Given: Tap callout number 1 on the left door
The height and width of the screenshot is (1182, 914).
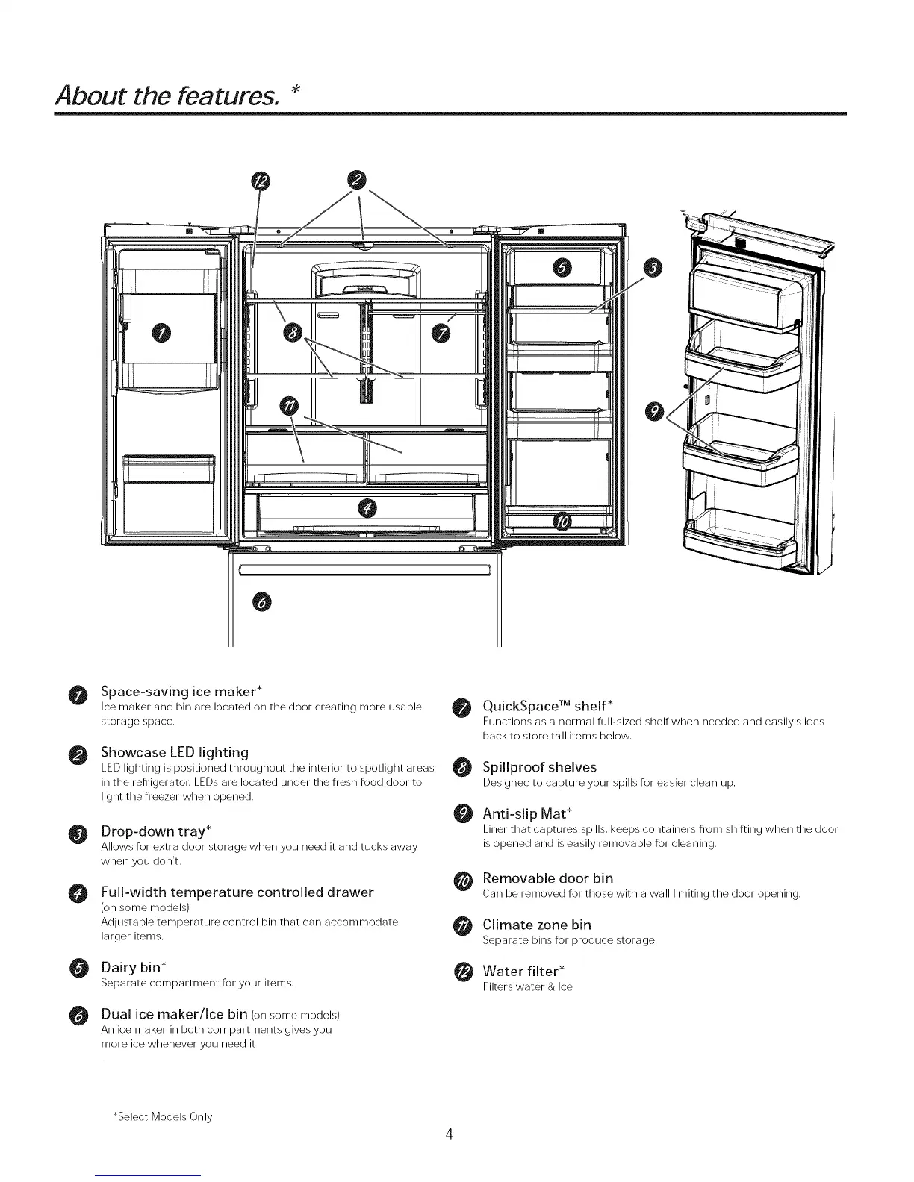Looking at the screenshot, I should [161, 332].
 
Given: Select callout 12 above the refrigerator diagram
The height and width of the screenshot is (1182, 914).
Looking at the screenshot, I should [261, 181].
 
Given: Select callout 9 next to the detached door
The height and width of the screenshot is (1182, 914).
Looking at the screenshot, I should [654, 411].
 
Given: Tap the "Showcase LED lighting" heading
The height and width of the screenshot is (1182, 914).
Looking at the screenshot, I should [175, 752].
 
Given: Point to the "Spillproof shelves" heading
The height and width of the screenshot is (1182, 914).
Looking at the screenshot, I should [539, 767].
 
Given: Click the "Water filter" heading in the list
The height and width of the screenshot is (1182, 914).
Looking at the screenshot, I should [523, 971].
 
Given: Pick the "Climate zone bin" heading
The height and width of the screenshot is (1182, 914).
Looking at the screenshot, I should [537, 925].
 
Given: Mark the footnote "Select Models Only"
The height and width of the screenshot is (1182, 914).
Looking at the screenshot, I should [162, 1116].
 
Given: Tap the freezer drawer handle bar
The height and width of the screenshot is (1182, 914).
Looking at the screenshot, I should [364, 571].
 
